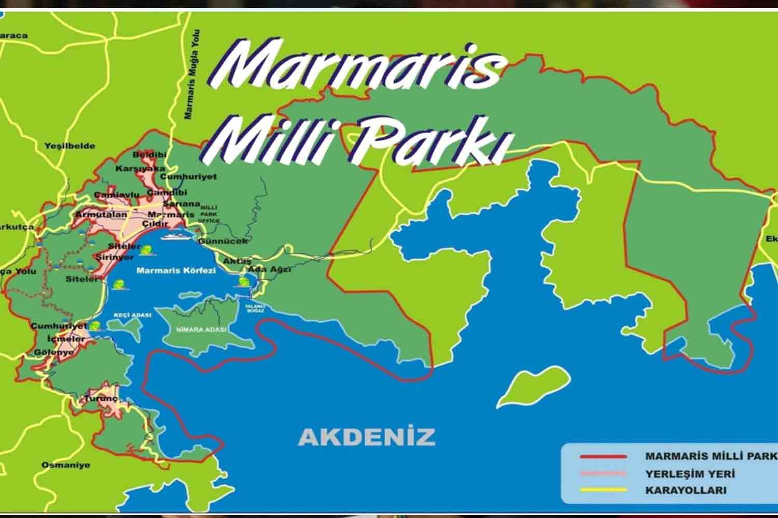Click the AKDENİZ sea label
click(367, 437)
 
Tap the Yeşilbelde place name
click(70, 146)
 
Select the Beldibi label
click(149, 155)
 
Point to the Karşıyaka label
click(140, 169)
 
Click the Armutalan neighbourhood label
click(101, 214)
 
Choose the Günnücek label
click(223, 241)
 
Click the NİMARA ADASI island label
click(201, 330)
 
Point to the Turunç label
click(102, 399)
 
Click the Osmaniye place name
click(65, 465)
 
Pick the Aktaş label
click(237, 261)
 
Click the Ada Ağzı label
click(269, 269)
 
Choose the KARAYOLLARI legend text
click(686, 490)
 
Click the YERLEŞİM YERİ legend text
click(690, 473)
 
